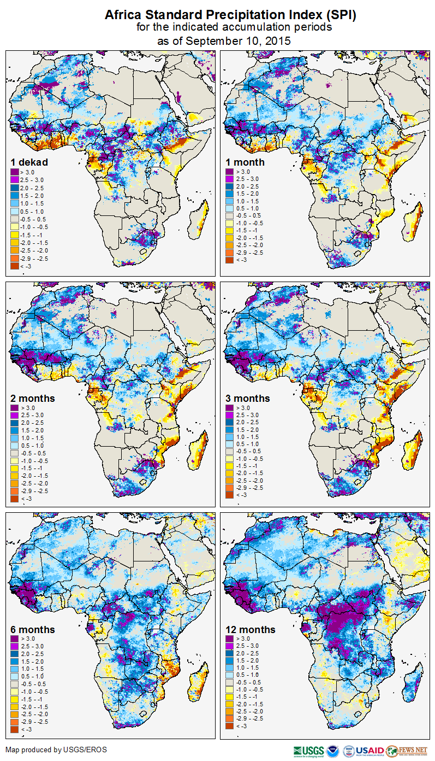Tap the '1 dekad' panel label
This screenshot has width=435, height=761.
[x=29, y=162]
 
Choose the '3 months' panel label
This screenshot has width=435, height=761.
[x=248, y=398]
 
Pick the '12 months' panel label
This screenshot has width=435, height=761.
[x=250, y=630]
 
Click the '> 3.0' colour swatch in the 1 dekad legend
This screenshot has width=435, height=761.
[x=14, y=171]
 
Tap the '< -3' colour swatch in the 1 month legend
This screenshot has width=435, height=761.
[x=229, y=260]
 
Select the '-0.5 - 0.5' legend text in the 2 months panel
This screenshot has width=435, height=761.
[x=34, y=453]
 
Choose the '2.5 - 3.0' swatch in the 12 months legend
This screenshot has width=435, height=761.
[x=229, y=647]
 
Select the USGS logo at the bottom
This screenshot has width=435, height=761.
[x=308, y=750]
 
